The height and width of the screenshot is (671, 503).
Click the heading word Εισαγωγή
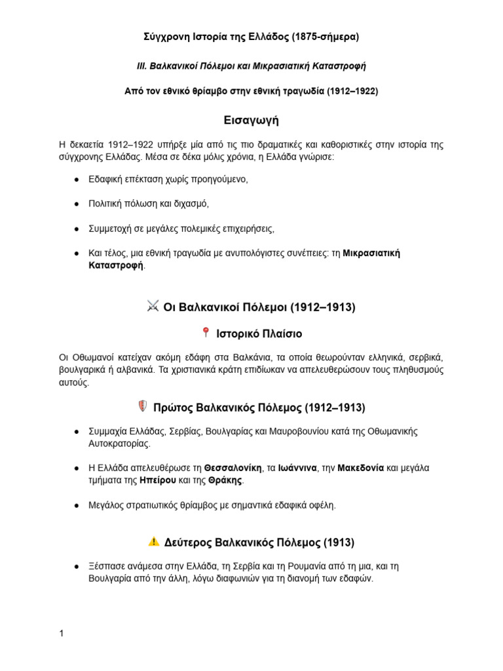click(251, 121)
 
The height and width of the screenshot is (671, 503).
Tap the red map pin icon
click(206, 333)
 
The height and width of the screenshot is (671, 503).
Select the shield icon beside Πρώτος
click(142, 406)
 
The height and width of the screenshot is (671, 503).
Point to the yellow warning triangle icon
click(153, 541)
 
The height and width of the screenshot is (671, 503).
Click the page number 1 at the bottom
click(61, 634)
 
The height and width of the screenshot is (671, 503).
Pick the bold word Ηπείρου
click(156, 480)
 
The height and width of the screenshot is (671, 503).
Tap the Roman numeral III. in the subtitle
click(141, 66)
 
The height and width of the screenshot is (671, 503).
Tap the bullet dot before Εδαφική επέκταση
click(77, 179)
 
